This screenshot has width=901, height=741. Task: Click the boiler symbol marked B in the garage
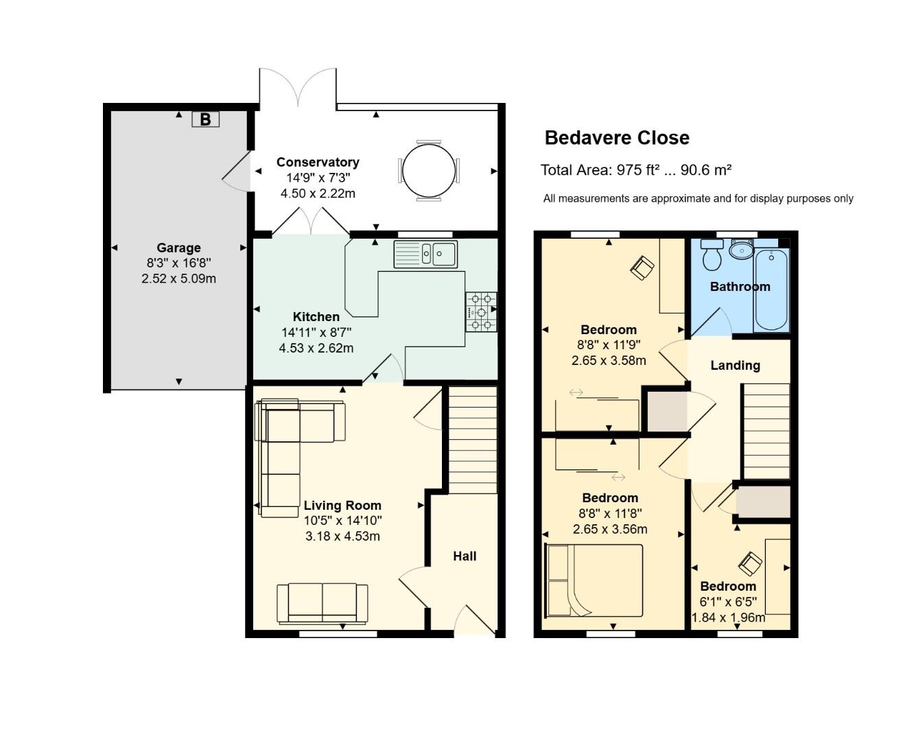pyautogui.click(x=205, y=119)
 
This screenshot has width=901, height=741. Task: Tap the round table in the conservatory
pyautogui.click(x=429, y=170)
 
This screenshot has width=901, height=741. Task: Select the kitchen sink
pyautogui.click(x=425, y=254)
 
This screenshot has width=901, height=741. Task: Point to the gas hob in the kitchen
pyautogui.click(x=482, y=311)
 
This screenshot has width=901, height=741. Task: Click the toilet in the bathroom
pyautogui.click(x=712, y=255)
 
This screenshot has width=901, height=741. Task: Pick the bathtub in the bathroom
pyautogui.click(x=771, y=290)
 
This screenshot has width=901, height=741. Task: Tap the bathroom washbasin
pyautogui.click(x=742, y=249)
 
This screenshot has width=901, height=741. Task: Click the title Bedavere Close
pyautogui.click(x=617, y=138)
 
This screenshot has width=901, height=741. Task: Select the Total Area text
pyautogui.click(x=636, y=170)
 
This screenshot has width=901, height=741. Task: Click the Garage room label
pyautogui.click(x=178, y=248)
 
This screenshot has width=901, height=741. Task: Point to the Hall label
pyautogui.click(x=465, y=556)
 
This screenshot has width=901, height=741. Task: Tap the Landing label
pyautogui.click(x=735, y=366)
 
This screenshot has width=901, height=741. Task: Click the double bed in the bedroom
pyautogui.click(x=594, y=580)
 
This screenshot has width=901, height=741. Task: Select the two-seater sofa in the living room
pyautogui.click(x=323, y=602)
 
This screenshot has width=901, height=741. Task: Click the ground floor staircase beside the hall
pyautogui.click(x=473, y=440)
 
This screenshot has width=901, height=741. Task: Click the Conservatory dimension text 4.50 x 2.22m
pyautogui.click(x=318, y=193)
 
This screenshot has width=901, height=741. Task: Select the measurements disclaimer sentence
pyautogui.click(x=698, y=198)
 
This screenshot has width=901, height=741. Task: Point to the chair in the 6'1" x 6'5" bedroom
pyautogui.click(x=750, y=564)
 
